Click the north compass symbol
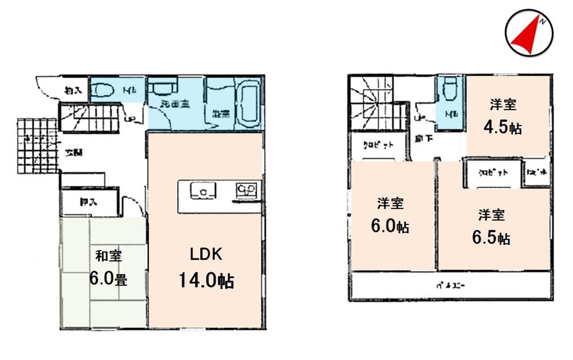point(529,34)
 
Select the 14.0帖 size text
point(206,281)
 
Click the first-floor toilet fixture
point(104,89)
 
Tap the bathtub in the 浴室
point(248,105)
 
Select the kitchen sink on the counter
point(202,191)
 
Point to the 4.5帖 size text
point(503,127)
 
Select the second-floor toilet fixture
point(448,90)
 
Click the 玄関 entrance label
point(73,153)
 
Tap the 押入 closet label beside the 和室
point(88,202)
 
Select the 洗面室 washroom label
point(175,105)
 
